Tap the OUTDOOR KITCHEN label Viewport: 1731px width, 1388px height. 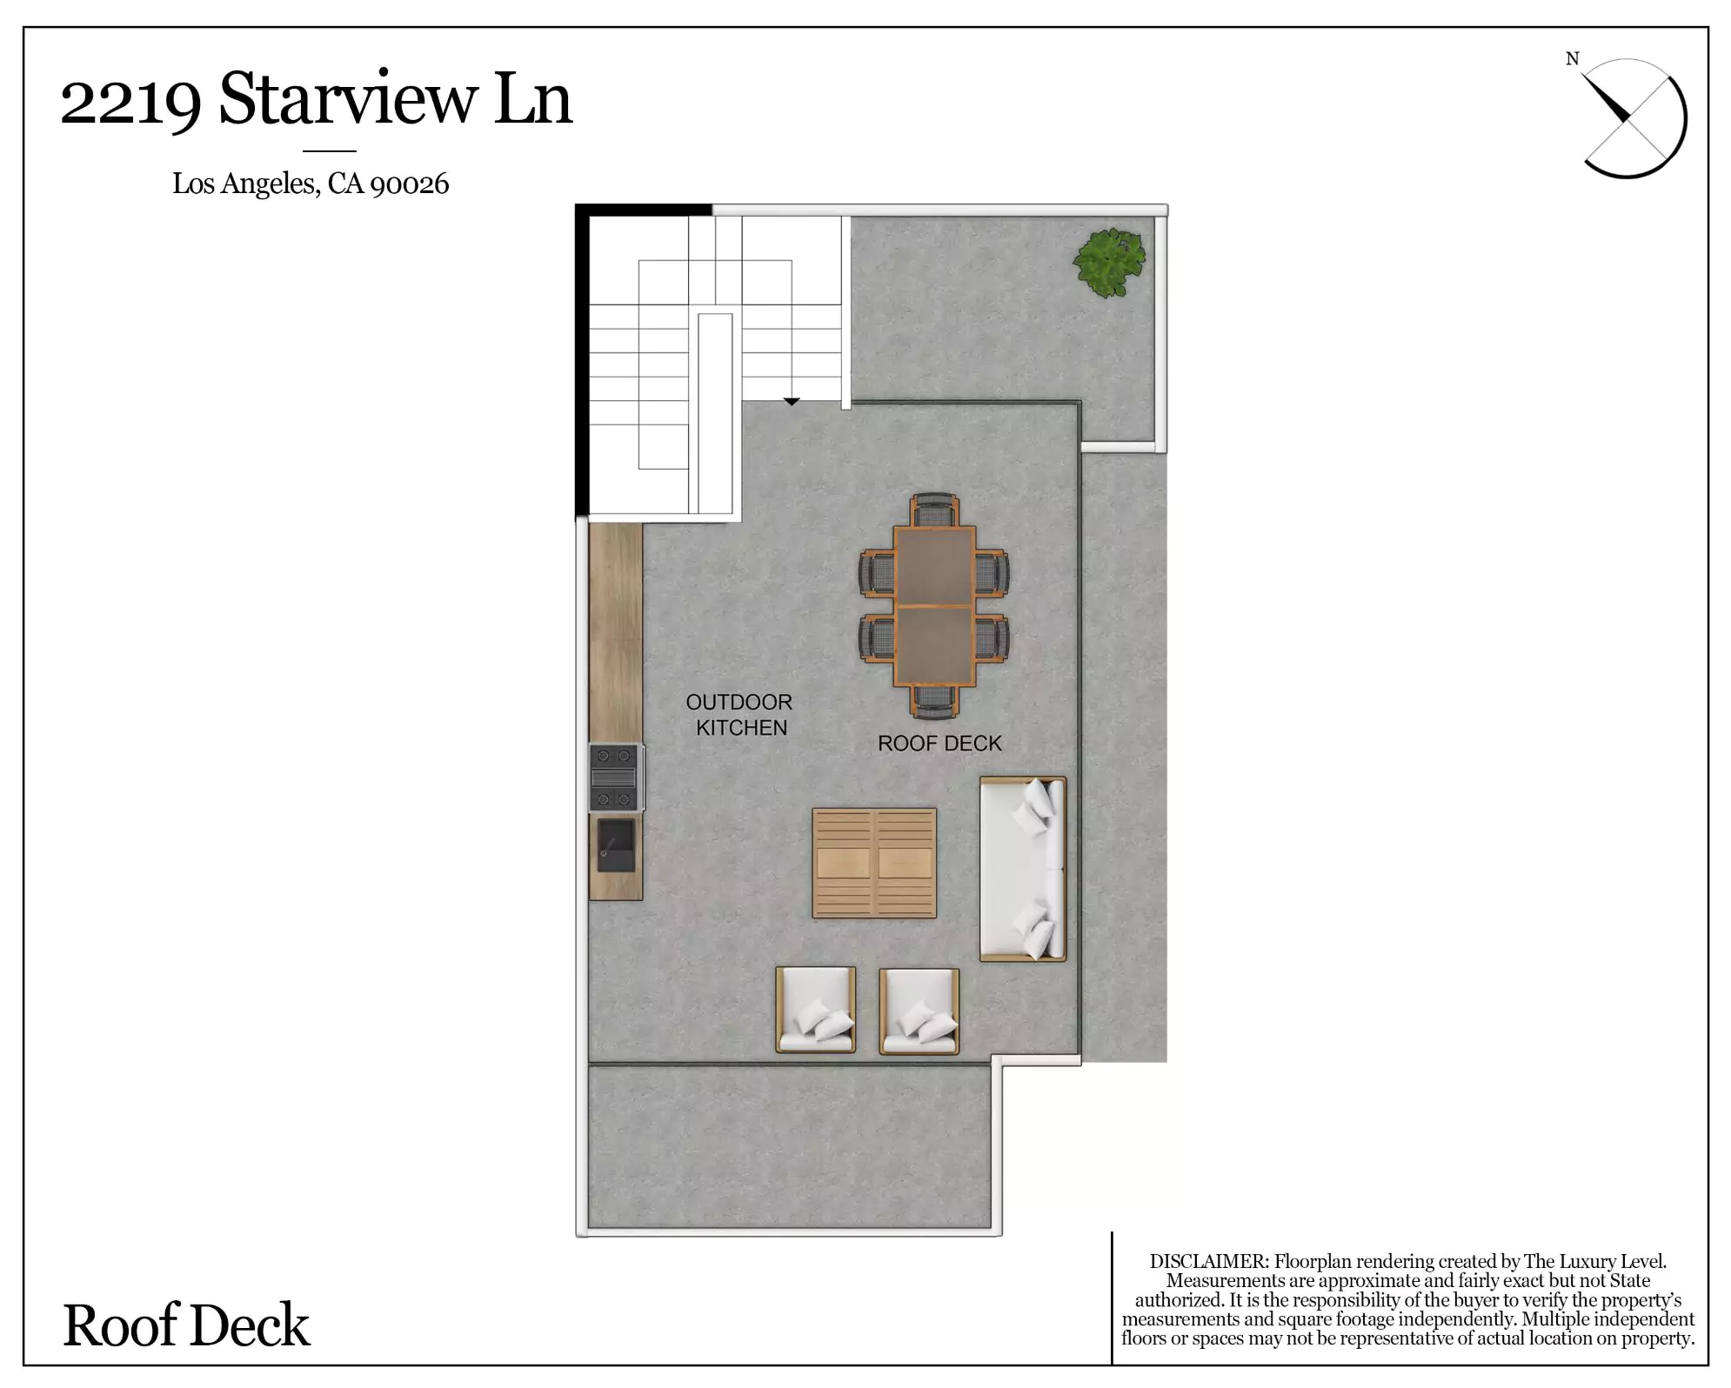pos(739,714)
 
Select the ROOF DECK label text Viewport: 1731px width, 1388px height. pos(939,744)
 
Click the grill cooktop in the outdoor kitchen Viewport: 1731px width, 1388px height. pos(616,777)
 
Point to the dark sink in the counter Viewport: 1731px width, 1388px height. pos(616,845)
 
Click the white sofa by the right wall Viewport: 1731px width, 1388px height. pos(1023,869)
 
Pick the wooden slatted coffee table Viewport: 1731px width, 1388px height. pos(874,863)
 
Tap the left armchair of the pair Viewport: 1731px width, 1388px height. pos(816,1010)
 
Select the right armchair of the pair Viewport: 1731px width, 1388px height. pos(919,1011)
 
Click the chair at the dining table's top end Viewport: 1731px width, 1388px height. pos(934,509)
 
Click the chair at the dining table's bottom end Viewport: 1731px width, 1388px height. pos(934,702)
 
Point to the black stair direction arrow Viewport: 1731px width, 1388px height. pos(792,402)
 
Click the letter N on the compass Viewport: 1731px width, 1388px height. pos(1572,59)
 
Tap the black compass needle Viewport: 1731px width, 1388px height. pos(1606,99)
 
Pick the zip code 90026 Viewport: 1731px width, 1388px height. pos(409,184)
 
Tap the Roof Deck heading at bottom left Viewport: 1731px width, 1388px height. pos(186,1326)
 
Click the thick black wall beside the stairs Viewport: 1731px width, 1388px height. pos(582,361)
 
